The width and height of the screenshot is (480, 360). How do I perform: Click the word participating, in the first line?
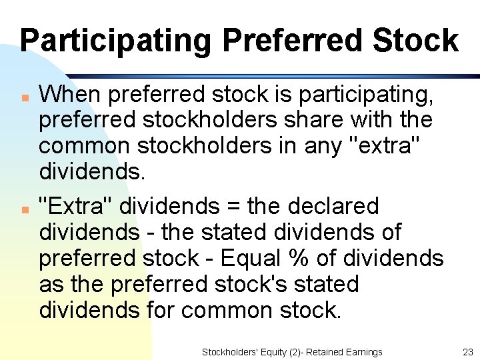[x=366, y=95]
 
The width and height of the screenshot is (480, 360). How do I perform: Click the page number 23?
[x=467, y=352]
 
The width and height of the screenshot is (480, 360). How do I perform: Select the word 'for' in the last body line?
[x=159, y=310]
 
